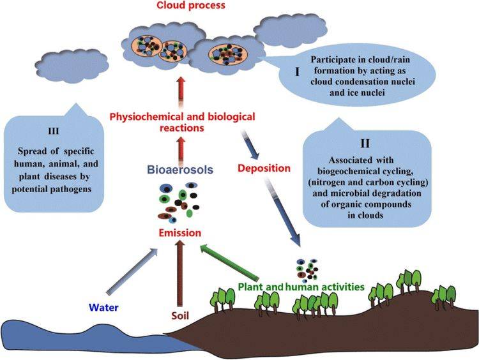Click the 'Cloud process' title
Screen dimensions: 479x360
[x=191, y=5]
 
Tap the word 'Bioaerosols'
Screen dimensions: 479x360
[x=180, y=169]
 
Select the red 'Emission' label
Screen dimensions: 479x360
[x=180, y=233]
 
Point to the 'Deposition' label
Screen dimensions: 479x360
[x=264, y=169]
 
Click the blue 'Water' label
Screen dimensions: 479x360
[x=103, y=307]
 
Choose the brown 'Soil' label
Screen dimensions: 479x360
[x=180, y=315]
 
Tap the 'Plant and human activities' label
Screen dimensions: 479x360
[x=301, y=287]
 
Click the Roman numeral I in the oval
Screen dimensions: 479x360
[x=297, y=71]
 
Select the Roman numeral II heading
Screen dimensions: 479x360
[x=365, y=143]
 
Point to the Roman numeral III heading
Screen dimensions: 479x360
[x=54, y=131]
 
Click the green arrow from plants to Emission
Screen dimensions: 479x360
[x=229, y=262]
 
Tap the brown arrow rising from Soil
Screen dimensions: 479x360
[x=180, y=273]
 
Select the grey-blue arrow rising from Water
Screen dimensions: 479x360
[x=132, y=270]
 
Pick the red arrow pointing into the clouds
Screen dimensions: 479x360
[x=181, y=92]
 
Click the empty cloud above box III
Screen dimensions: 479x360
[x=72, y=65]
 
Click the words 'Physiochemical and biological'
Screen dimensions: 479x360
[x=183, y=117]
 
